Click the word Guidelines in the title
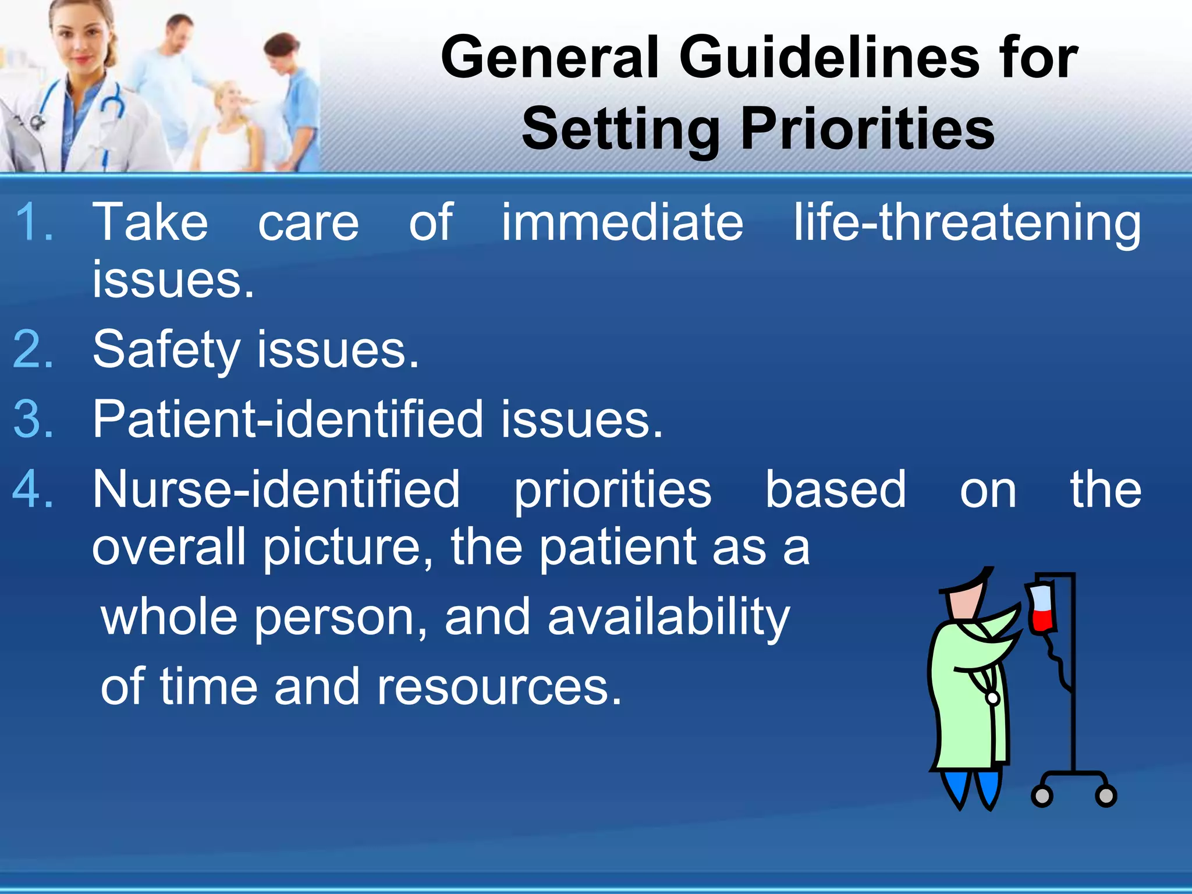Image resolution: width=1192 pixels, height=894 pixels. pyautogui.click(x=829, y=56)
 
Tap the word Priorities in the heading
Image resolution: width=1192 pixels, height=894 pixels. pyautogui.click(x=867, y=129)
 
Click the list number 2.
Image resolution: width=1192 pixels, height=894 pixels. pyautogui.click(x=33, y=349)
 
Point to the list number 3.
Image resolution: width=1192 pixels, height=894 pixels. pyautogui.click(x=33, y=419)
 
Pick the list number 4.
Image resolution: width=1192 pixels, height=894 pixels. pyautogui.click(x=33, y=489)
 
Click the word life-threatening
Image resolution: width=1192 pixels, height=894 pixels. pyautogui.click(x=967, y=223)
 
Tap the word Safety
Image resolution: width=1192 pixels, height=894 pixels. pyautogui.click(x=166, y=350)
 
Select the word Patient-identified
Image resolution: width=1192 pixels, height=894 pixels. pyautogui.click(x=288, y=419)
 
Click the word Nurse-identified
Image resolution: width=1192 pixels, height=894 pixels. pyautogui.click(x=276, y=489)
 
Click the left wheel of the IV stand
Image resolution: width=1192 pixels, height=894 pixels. pyautogui.click(x=1041, y=795)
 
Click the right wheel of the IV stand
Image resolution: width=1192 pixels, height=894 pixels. pyautogui.click(x=1105, y=795)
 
